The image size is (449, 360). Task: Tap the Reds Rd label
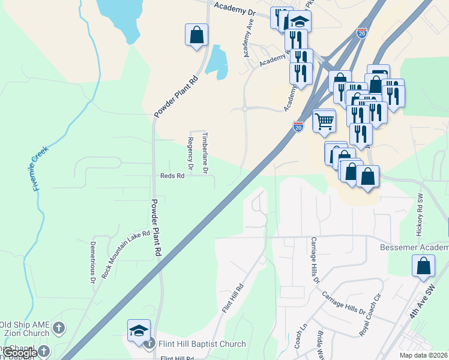coord(171,176)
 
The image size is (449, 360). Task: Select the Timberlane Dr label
coord(205,153)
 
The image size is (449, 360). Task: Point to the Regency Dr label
coord(190,155)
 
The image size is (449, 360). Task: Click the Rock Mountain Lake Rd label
coord(125,254)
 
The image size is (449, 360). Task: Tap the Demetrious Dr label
coord(93,262)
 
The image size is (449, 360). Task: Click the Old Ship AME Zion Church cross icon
coord(58,328)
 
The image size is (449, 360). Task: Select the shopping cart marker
coord(324,121)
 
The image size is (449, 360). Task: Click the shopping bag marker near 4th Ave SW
coord(423,266)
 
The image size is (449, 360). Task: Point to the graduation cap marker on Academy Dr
coord(299,23)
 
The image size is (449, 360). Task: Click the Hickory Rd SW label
coord(420,213)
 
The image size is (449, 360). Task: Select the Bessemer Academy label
coord(414,248)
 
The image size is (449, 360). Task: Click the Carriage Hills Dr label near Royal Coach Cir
coord(343,303)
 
